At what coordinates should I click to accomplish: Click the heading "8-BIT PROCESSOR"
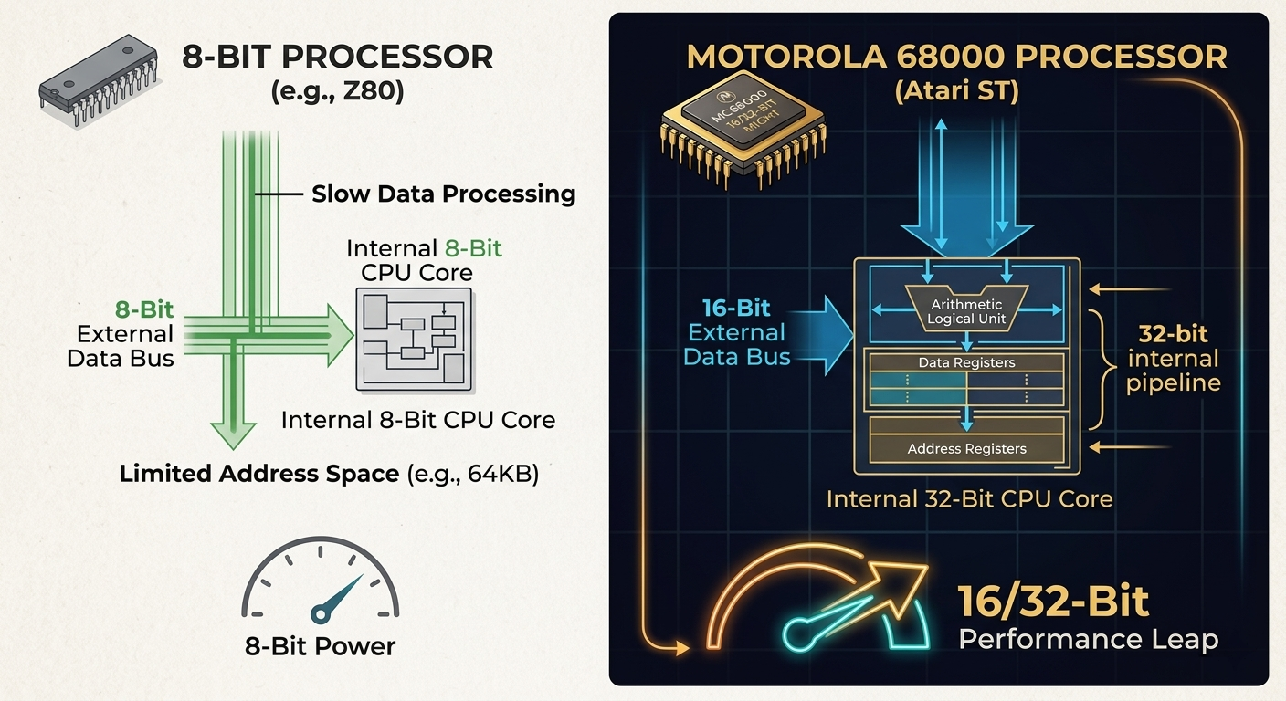[x=337, y=57]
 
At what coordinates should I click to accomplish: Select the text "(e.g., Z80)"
[x=338, y=91]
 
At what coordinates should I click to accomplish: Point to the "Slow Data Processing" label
[x=444, y=194]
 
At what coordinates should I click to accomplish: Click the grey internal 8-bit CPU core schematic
[x=413, y=340]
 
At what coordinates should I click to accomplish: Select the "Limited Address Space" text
[x=259, y=474]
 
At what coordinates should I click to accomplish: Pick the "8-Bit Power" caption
[x=320, y=646]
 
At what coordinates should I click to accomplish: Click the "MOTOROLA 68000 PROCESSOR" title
[x=956, y=57]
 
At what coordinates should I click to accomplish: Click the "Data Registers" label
[x=966, y=362]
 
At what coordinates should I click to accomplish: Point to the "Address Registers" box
[x=966, y=448]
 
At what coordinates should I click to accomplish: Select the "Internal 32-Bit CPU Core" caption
[x=969, y=499]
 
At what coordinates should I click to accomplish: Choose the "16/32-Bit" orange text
[x=1052, y=602]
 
